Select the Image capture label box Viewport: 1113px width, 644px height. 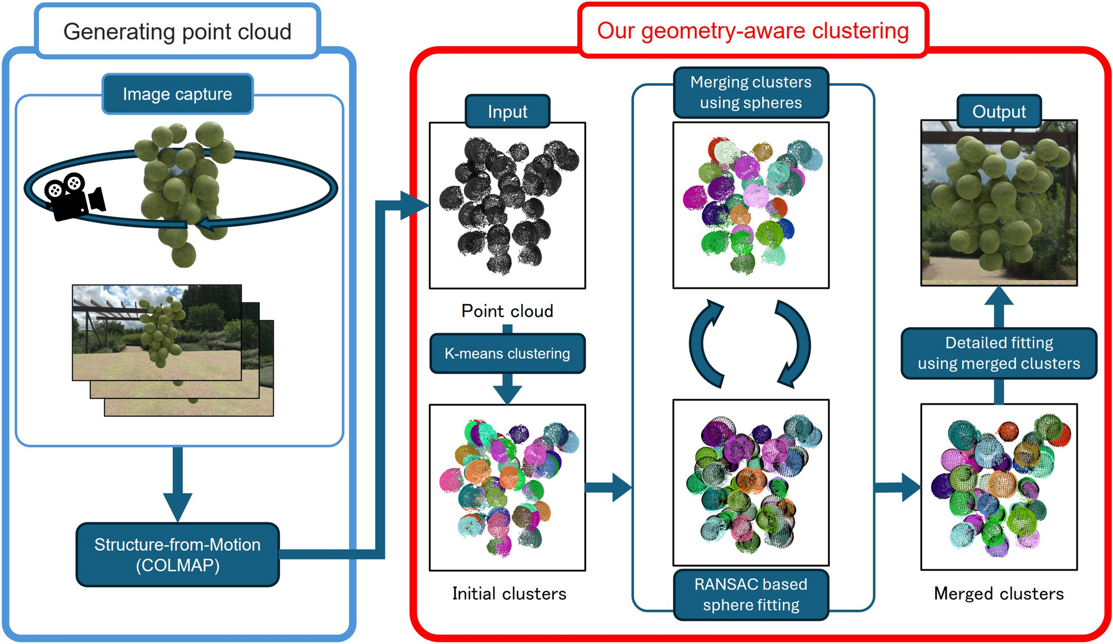coord(177,94)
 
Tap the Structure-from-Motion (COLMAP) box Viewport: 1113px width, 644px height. coord(177,555)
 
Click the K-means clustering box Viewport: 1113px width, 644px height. coord(507,353)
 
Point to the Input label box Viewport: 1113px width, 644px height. coord(507,112)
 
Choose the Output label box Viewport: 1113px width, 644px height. coord(999,112)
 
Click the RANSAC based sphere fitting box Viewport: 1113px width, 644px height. coord(751,595)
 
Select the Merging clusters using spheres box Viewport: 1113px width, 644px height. coord(751,93)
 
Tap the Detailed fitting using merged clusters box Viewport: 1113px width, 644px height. coord(999,353)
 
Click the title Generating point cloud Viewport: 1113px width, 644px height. coord(177,31)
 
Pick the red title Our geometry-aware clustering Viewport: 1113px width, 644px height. coord(753,31)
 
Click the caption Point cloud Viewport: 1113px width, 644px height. coord(507,311)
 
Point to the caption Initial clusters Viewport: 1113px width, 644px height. coord(509,594)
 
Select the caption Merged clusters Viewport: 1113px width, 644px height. coord(999,594)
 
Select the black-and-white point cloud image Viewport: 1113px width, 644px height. coord(507,205)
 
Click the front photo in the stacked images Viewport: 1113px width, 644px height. coord(157,332)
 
